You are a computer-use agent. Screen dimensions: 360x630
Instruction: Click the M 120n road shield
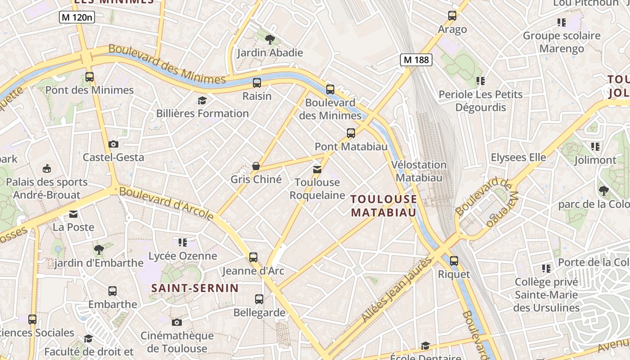click(77, 18)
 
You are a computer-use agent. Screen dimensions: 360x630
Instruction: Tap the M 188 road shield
click(416, 59)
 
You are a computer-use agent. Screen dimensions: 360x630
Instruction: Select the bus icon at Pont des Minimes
click(90, 77)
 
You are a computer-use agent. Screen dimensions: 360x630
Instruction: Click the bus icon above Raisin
click(257, 83)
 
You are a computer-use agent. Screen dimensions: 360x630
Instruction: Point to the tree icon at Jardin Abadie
click(270, 40)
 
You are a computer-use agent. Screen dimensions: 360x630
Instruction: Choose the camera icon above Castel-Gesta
click(113, 144)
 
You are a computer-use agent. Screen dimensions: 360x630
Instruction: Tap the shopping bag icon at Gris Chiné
click(256, 166)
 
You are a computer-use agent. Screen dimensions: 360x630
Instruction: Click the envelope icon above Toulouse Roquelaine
click(317, 169)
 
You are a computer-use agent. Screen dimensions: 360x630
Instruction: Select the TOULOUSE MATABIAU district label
click(383, 206)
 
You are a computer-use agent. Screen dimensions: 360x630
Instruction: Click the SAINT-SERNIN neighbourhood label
click(195, 288)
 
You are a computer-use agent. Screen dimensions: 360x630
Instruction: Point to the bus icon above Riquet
click(454, 261)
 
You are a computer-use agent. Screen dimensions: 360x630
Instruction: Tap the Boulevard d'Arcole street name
click(166, 203)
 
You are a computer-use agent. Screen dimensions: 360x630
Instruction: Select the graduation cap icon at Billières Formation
click(202, 100)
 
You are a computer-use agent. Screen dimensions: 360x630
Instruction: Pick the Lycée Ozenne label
click(183, 256)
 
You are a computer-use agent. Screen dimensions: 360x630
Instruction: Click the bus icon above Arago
click(452, 16)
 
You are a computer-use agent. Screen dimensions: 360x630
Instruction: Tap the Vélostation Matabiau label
click(419, 171)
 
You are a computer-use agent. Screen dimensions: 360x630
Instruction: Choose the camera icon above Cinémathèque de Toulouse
click(177, 322)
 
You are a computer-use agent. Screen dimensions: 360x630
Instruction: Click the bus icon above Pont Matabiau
click(351, 133)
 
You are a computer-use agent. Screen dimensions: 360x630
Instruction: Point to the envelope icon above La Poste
click(73, 214)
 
